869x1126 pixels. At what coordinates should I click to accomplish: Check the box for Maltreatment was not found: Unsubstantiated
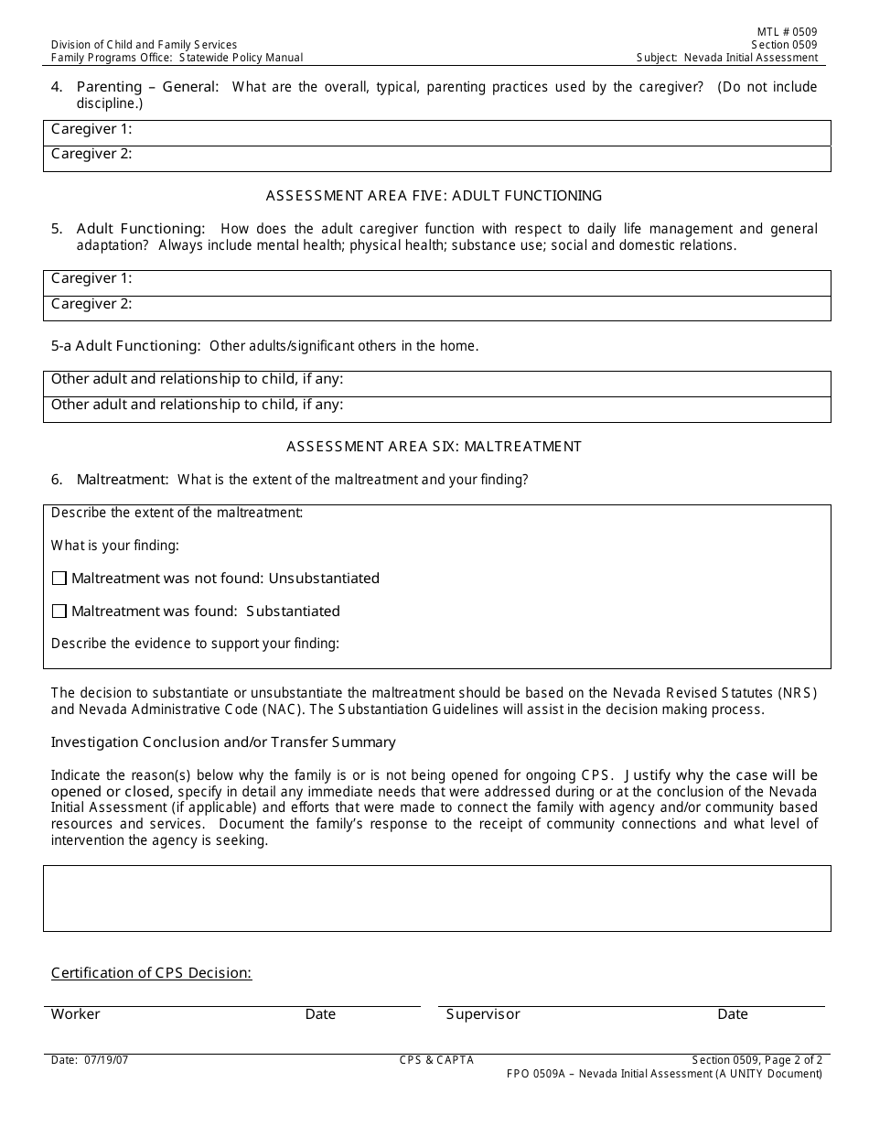click(x=59, y=579)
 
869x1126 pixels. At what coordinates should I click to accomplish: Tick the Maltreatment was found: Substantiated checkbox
click(x=59, y=612)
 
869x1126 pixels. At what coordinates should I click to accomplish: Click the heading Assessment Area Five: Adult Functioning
click(x=434, y=195)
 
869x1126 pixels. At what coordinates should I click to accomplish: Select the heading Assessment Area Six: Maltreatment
click(x=434, y=447)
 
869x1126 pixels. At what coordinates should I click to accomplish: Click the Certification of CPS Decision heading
click(x=151, y=973)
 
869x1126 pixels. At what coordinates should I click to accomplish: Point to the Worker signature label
click(x=75, y=1014)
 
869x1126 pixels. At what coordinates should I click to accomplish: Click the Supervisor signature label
click(x=483, y=1014)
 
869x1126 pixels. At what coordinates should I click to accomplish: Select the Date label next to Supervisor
click(x=733, y=1014)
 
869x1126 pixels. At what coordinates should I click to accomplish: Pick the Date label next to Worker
click(x=320, y=1014)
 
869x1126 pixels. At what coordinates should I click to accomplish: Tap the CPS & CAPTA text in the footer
click(x=436, y=1060)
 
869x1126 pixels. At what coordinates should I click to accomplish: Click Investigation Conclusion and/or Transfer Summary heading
click(x=223, y=742)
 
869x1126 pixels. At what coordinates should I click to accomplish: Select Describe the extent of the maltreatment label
click(x=177, y=513)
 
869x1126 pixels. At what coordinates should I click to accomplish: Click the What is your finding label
click(x=114, y=546)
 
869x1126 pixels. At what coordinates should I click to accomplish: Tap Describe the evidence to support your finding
click(x=195, y=644)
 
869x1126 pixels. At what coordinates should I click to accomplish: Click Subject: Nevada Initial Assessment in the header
click(x=727, y=58)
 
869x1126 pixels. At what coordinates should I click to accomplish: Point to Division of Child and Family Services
click(x=144, y=45)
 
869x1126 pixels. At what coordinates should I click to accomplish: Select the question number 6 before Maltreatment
click(x=57, y=480)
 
